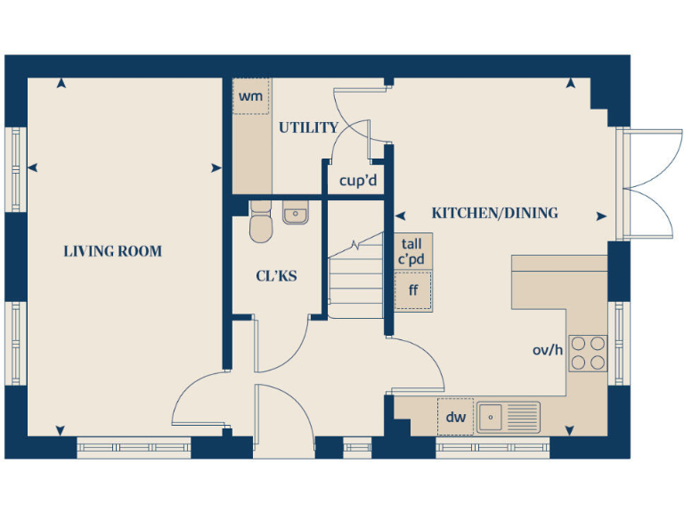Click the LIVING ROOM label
click(113, 251)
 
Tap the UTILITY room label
click(308, 128)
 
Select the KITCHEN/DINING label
click(494, 214)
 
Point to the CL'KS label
click(276, 276)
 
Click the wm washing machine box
click(251, 96)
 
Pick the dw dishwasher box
click(455, 416)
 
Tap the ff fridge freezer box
click(413, 290)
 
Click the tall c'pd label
click(411, 250)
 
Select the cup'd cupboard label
click(358, 181)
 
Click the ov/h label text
click(548, 350)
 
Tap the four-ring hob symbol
click(588, 351)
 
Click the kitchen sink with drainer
click(508, 416)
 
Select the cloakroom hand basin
click(295, 214)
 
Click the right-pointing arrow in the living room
click(216, 167)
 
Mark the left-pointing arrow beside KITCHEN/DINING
click(400, 215)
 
